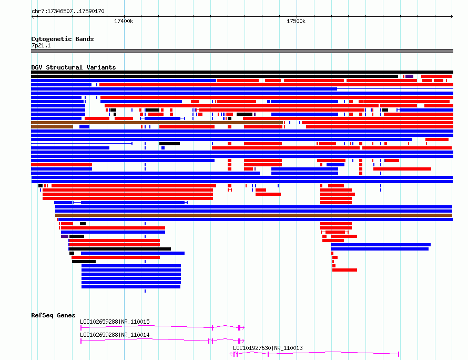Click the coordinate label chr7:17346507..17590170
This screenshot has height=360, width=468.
(x=68, y=12)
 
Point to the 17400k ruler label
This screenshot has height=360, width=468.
(x=124, y=21)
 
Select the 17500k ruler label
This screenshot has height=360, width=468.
(x=296, y=21)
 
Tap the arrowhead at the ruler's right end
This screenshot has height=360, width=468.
(x=452, y=16)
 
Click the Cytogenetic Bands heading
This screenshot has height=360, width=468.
(x=63, y=39)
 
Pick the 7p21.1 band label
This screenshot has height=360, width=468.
(x=41, y=45)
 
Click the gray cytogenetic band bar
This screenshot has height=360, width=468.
(x=242, y=51)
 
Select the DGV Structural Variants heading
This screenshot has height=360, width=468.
(x=74, y=67)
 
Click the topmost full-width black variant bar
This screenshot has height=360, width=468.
(x=242, y=72)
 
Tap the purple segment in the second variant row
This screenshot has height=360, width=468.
(x=409, y=76)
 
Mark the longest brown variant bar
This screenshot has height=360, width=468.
(x=253, y=215)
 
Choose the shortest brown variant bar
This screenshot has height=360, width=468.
(x=52, y=127)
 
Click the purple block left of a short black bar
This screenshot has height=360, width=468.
(x=65, y=236)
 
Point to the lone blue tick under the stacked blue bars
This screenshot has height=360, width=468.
(x=145, y=291)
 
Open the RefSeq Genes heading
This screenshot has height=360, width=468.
(x=53, y=315)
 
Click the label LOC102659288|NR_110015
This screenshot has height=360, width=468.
(x=115, y=322)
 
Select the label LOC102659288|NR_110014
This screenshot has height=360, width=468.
(x=115, y=335)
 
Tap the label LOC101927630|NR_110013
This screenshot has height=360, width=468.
(x=268, y=348)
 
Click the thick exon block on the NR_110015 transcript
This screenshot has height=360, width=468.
(x=239, y=328)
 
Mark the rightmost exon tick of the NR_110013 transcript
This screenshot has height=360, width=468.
(x=399, y=354)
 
